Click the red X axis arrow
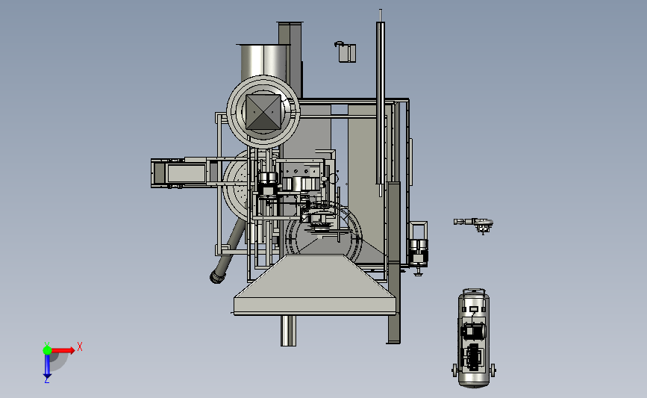coord(62,350)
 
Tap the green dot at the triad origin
coord(47,350)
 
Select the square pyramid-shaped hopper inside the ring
coord(263,112)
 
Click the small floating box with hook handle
coord(346,52)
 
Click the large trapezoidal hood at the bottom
coord(314,285)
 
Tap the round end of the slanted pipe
coord(216,276)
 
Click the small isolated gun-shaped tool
coord(473,223)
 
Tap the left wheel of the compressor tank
coord(454,370)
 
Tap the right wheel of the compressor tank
coord(493,370)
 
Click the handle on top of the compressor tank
coord(474,291)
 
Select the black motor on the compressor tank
coord(473,331)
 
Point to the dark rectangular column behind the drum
coord(290,60)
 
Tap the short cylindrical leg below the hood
coord(288,331)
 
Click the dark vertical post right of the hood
coord(393,262)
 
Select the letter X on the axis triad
coord(80,346)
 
